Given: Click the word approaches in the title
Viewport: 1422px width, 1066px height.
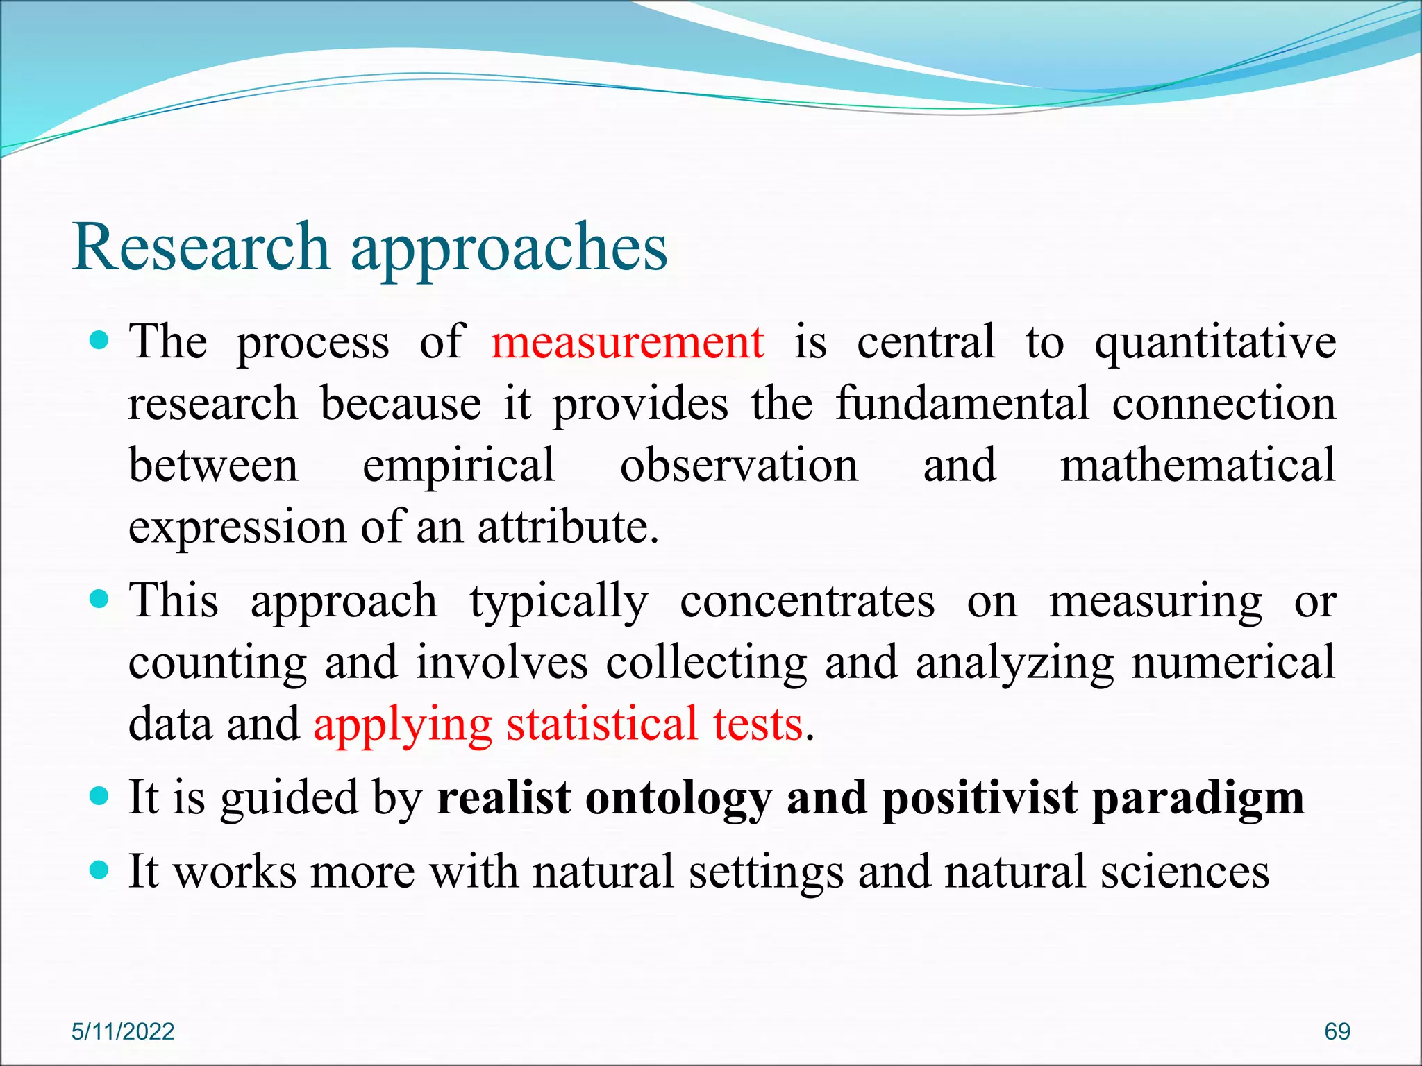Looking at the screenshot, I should pos(509,248).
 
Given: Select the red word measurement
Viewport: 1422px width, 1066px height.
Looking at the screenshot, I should pos(628,343).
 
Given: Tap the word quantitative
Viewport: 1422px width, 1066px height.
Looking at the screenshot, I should pos(1215,343).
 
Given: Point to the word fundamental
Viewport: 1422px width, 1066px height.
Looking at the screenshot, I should pos(962,404).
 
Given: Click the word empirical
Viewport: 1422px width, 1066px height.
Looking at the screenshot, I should pos(458,465).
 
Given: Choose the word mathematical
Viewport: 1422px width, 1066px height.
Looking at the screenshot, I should pos(1198,465).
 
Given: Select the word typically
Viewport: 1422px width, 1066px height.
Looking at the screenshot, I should pos(559,602).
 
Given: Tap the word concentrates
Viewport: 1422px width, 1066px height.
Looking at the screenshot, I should pos(807,602).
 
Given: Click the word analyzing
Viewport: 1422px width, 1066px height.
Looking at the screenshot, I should pos(1014,663).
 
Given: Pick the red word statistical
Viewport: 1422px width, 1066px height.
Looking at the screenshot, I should pos(601,724).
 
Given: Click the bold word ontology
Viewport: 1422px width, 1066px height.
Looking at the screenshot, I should pos(678,799).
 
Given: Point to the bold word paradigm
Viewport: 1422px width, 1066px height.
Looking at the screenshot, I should pos(1198,799).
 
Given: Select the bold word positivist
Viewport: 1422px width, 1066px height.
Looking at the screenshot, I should pos(980,799).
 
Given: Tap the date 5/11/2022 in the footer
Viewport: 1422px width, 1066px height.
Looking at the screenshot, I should pos(123,1031).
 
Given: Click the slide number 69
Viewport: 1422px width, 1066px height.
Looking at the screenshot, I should pos(1337,1031).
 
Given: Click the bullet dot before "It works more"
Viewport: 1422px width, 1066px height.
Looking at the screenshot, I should pos(101,870).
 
